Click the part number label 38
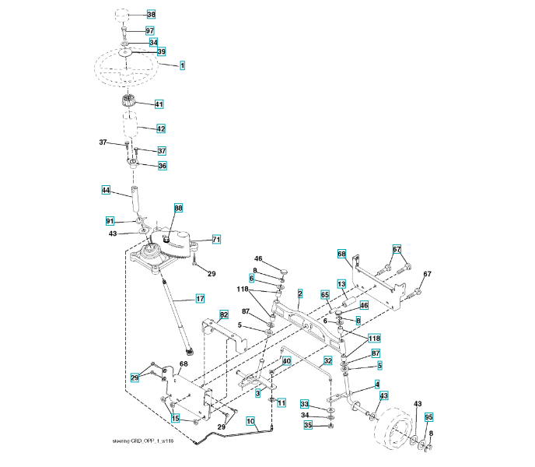151,15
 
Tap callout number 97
150,30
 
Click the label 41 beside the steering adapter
159,104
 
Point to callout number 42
161,128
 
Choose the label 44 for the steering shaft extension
106,190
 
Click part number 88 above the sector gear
178,209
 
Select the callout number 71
217,240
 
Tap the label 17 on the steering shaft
200,299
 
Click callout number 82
224,314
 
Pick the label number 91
110,221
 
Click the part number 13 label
341,284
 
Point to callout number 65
325,295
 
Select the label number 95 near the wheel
428,417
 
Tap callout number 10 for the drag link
250,421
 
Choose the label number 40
286,361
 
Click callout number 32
328,361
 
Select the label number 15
176,419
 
